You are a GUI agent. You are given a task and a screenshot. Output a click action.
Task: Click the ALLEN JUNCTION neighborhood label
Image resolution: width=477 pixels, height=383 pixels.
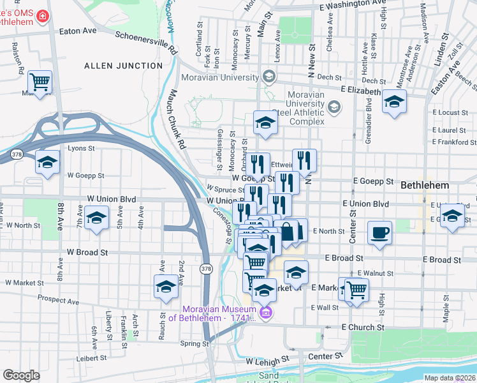pos(124,66)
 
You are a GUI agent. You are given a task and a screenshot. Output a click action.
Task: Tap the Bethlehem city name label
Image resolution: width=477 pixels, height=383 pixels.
pos(425,185)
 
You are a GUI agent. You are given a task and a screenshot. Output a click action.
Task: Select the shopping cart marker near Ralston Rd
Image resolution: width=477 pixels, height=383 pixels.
pos(40,82)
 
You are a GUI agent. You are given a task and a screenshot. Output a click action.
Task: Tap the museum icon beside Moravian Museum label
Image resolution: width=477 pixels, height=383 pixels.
pos(266,313)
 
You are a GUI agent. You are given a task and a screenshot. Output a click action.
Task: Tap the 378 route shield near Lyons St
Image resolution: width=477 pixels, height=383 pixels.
pos(17,154)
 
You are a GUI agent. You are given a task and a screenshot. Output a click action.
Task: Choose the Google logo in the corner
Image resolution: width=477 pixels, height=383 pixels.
pos(21,375)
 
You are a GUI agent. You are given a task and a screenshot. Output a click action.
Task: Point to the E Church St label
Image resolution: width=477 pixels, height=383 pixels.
pos(363,327)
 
